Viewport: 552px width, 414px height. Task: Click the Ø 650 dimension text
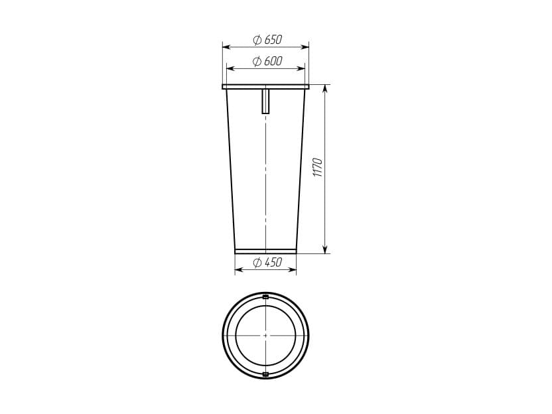tap(267, 40)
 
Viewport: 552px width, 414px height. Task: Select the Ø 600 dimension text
tap(267, 61)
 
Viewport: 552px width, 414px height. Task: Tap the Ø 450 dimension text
tap(267, 262)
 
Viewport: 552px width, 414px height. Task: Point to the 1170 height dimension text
tap(318, 168)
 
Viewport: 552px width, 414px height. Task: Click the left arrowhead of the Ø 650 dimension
tap(226, 47)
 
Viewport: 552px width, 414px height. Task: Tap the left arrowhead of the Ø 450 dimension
tap(239, 269)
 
